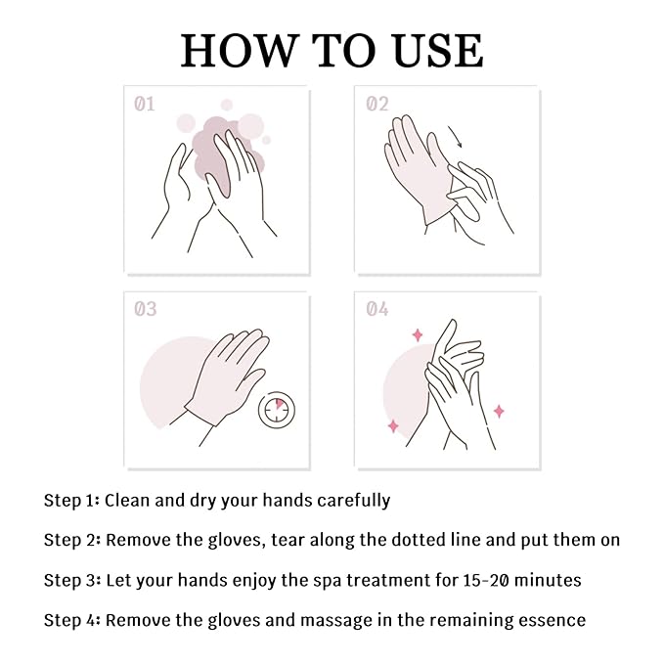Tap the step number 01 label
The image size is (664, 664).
pos(144,103)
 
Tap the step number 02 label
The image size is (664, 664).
pos(376,103)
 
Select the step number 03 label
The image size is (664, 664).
pos(145,309)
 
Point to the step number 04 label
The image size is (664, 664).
pos(376,309)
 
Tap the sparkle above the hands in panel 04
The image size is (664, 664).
pos(418,334)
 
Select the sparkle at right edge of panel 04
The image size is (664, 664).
pos(499,411)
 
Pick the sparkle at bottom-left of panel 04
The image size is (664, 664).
pos(393,426)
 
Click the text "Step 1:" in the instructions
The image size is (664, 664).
pos(70,501)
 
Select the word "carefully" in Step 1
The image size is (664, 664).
pos(354,501)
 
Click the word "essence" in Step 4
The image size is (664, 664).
pos(551,620)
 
